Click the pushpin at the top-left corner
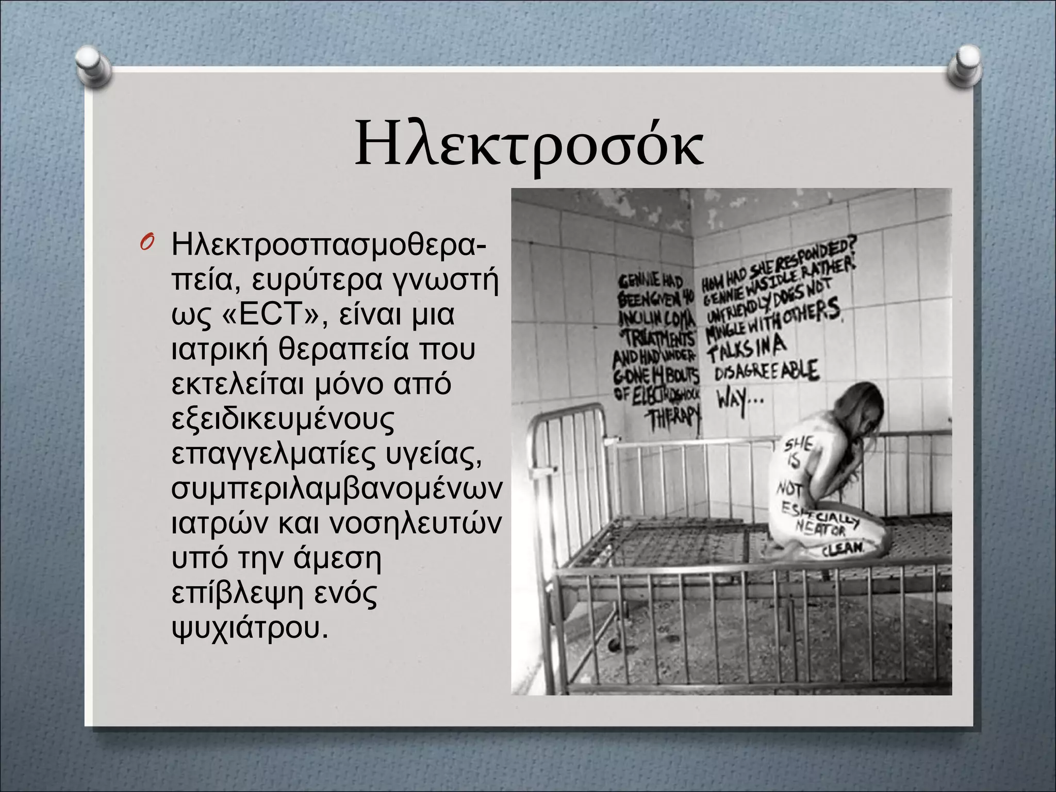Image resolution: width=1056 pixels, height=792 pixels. [93, 66]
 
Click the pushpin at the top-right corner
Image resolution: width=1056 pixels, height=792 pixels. [963, 66]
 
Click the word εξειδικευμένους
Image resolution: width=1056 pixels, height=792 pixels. [283, 419]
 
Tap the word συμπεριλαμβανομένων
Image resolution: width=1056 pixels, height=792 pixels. [336, 488]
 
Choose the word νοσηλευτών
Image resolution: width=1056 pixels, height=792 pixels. [414, 523]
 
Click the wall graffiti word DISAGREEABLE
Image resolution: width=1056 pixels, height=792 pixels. [766, 371]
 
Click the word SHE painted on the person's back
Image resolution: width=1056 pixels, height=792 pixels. [799, 443]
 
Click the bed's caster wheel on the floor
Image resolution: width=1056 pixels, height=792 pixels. [614, 645]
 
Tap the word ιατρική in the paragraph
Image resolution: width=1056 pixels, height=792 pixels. [220, 349]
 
